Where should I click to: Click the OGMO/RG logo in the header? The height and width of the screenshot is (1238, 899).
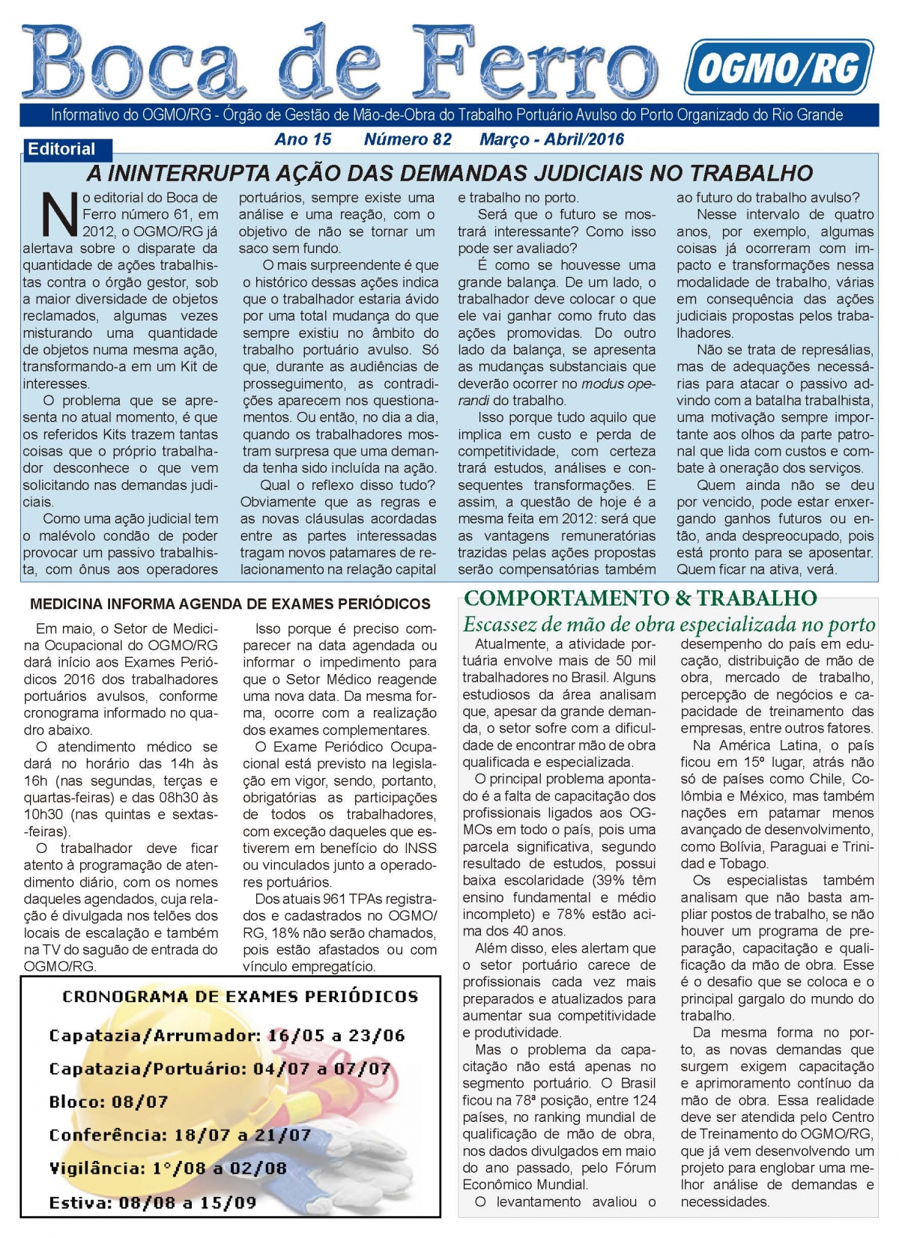pos(778,67)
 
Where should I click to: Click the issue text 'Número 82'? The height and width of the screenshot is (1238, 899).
pos(408,139)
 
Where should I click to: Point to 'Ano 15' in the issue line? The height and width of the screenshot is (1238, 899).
pos(303,139)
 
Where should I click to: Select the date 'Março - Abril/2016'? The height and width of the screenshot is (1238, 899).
pos(551,139)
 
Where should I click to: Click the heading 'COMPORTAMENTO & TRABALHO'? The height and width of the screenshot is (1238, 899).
pos(640,598)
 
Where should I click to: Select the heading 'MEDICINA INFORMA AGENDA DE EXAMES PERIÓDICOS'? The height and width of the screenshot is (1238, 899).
pos(230,604)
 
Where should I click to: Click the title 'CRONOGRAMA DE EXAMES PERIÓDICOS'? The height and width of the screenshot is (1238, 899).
pos(240,997)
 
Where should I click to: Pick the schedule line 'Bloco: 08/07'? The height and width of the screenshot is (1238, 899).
pos(109,1102)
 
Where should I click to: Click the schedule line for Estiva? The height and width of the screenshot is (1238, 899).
pos(153,1203)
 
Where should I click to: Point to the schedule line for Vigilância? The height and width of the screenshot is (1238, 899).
pos(168,1168)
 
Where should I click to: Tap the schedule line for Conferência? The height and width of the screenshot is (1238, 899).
pos(180,1135)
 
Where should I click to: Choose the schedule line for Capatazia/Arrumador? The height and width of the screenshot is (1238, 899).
pos(226,1036)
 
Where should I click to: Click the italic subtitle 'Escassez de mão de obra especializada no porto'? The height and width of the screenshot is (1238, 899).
pos(668,624)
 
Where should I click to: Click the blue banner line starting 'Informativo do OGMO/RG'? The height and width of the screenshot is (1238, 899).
pos(447,115)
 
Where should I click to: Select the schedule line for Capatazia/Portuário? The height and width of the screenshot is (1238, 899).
pos(220,1069)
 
